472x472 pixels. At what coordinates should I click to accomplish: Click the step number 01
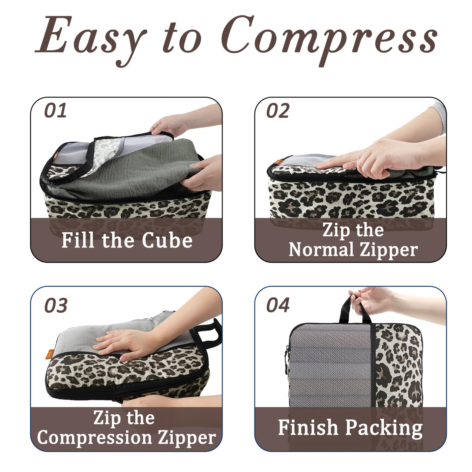[x=55, y=111]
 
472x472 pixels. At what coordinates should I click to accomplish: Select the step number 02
[x=278, y=111]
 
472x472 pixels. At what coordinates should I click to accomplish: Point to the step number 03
[x=56, y=306]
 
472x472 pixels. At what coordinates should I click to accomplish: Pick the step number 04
[x=278, y=305]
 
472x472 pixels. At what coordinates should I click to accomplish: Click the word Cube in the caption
[x=167, y=240]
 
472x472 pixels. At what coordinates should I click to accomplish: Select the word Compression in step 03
[x=94, y=438]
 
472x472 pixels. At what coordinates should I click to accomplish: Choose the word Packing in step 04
[x=384, y=428]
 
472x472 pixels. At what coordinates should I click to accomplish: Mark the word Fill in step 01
[x=78, y=240]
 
